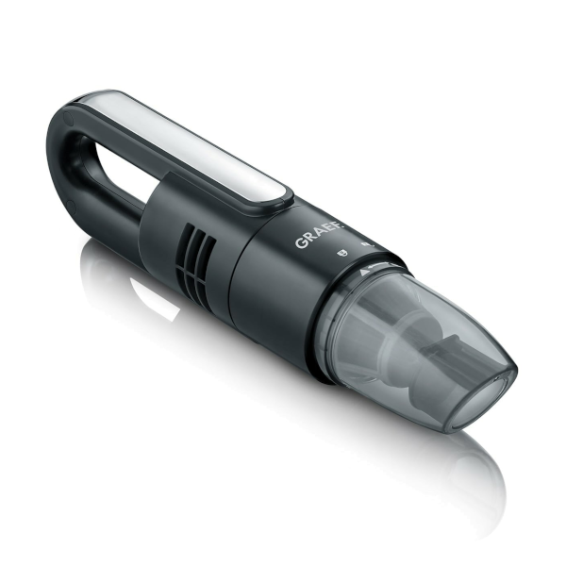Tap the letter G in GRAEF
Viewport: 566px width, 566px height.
[x=300, y=243]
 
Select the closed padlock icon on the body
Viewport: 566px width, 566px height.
[x=341, y=253]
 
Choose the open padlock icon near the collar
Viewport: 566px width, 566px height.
[x=368, y=245]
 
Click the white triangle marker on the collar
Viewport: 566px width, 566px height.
[x=363, y=271]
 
